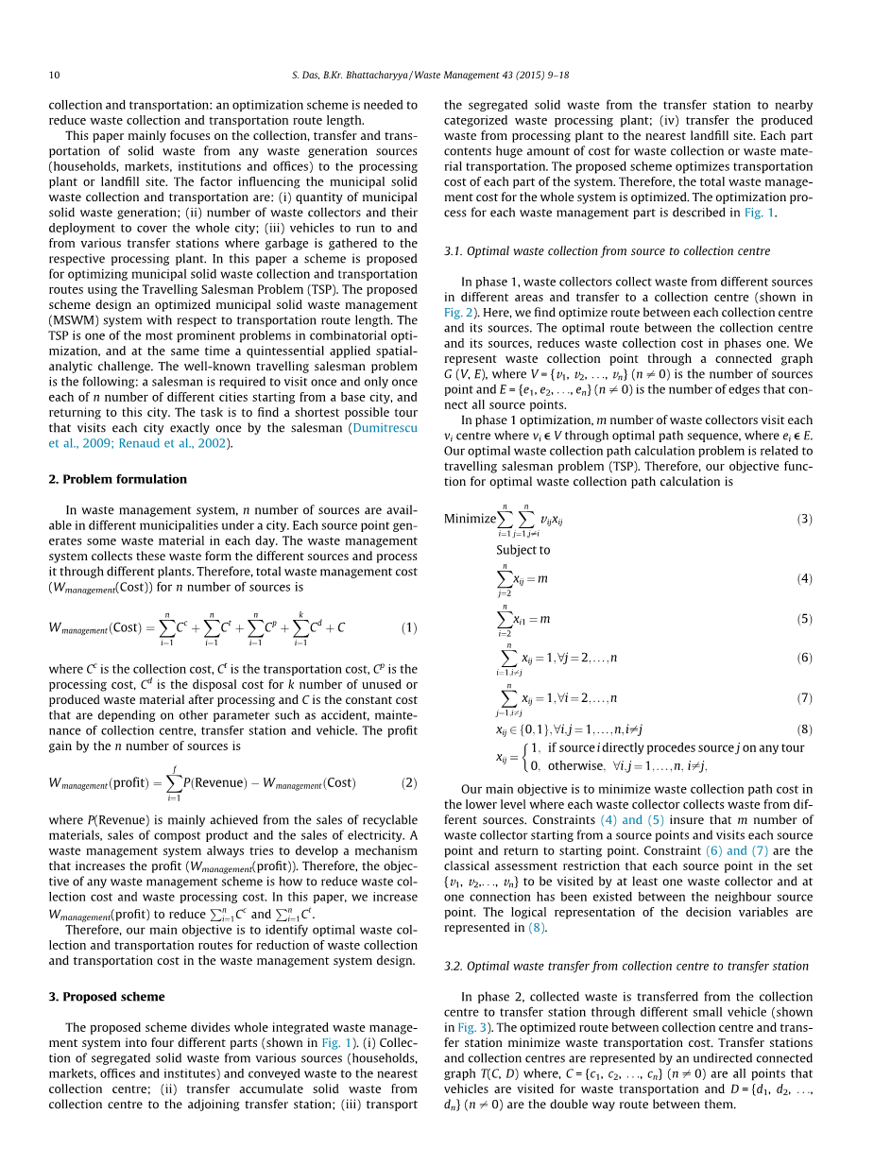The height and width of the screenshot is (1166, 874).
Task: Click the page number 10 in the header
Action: pos(54,75)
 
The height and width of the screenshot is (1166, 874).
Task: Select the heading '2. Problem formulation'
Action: pos(117,479)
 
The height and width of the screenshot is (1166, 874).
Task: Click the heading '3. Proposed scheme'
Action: pos(107,996)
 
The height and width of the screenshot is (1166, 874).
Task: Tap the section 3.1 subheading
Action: pos(607,251)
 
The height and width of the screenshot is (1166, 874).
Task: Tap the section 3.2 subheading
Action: pos(626,966)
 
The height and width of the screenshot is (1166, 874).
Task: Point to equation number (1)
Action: pos(409,627)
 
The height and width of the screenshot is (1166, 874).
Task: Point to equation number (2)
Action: pos(409,782)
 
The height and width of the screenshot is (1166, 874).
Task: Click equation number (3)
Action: pos(804,519)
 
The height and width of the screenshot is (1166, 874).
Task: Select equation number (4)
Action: pos(804,578)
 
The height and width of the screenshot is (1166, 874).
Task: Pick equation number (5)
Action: pos(804,619)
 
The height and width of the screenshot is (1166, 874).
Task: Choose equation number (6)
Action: pos(804,658)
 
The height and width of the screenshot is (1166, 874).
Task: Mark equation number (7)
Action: pos(804,698)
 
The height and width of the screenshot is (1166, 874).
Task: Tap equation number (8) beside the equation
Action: pos(804,729)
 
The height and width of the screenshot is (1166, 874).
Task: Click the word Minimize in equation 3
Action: pos(470,519)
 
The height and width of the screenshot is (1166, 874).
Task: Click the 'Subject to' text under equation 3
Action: pos(523,550)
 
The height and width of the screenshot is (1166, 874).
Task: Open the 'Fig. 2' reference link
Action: pos(457,312)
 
